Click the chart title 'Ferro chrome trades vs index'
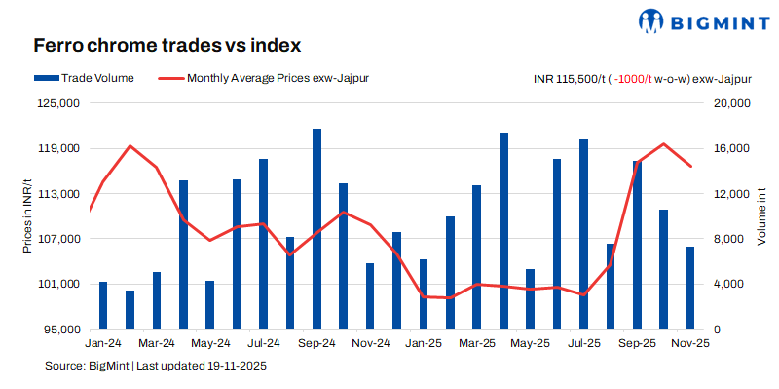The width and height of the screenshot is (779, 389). click(x=167, y=46)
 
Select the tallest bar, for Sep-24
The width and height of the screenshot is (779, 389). click(x=316, y=229)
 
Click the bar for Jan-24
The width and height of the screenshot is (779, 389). click(x=103, y=305)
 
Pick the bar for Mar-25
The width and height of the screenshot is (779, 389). click(x=477, y=256)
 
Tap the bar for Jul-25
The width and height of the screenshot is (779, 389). click(x=583, y=234)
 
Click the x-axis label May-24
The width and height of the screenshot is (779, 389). click(x=209, y=344)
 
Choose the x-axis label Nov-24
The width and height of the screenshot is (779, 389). click(x=370, y=344)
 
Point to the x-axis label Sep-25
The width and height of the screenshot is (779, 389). click(x=637, y=344)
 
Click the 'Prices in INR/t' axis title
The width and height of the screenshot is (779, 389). click(x=27, y=216)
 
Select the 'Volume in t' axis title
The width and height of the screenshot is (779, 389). click(x=761, y=216)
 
